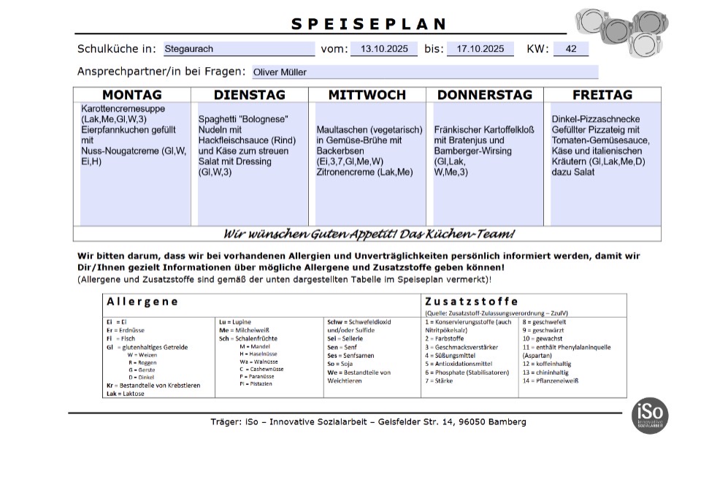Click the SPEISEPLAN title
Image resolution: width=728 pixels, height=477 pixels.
[x=369, y=24]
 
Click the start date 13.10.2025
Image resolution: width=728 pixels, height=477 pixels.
[x=384, y=49]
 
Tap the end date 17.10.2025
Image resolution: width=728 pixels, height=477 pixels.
[x=480, y=49]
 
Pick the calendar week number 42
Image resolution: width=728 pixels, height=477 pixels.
[x=571, y=49]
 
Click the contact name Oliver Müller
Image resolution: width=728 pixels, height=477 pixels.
[x=280, y=72]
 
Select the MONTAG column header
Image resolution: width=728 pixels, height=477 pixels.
[x=132, y=95]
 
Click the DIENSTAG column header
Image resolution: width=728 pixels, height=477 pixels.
[x=250, y=95]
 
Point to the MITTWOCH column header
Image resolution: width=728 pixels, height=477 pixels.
[x=367, y=95]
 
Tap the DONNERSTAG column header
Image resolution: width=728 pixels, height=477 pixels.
[x=484, y=95]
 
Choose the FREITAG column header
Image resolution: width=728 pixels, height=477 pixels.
[x=602, y=95]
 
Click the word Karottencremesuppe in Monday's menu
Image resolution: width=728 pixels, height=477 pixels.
[x=123, y=109]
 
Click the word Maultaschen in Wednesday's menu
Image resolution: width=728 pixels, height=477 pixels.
[x=342, y=129]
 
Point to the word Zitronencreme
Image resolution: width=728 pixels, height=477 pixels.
[x=345, y=172]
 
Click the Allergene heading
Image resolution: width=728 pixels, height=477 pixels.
[x=142, y=301]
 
